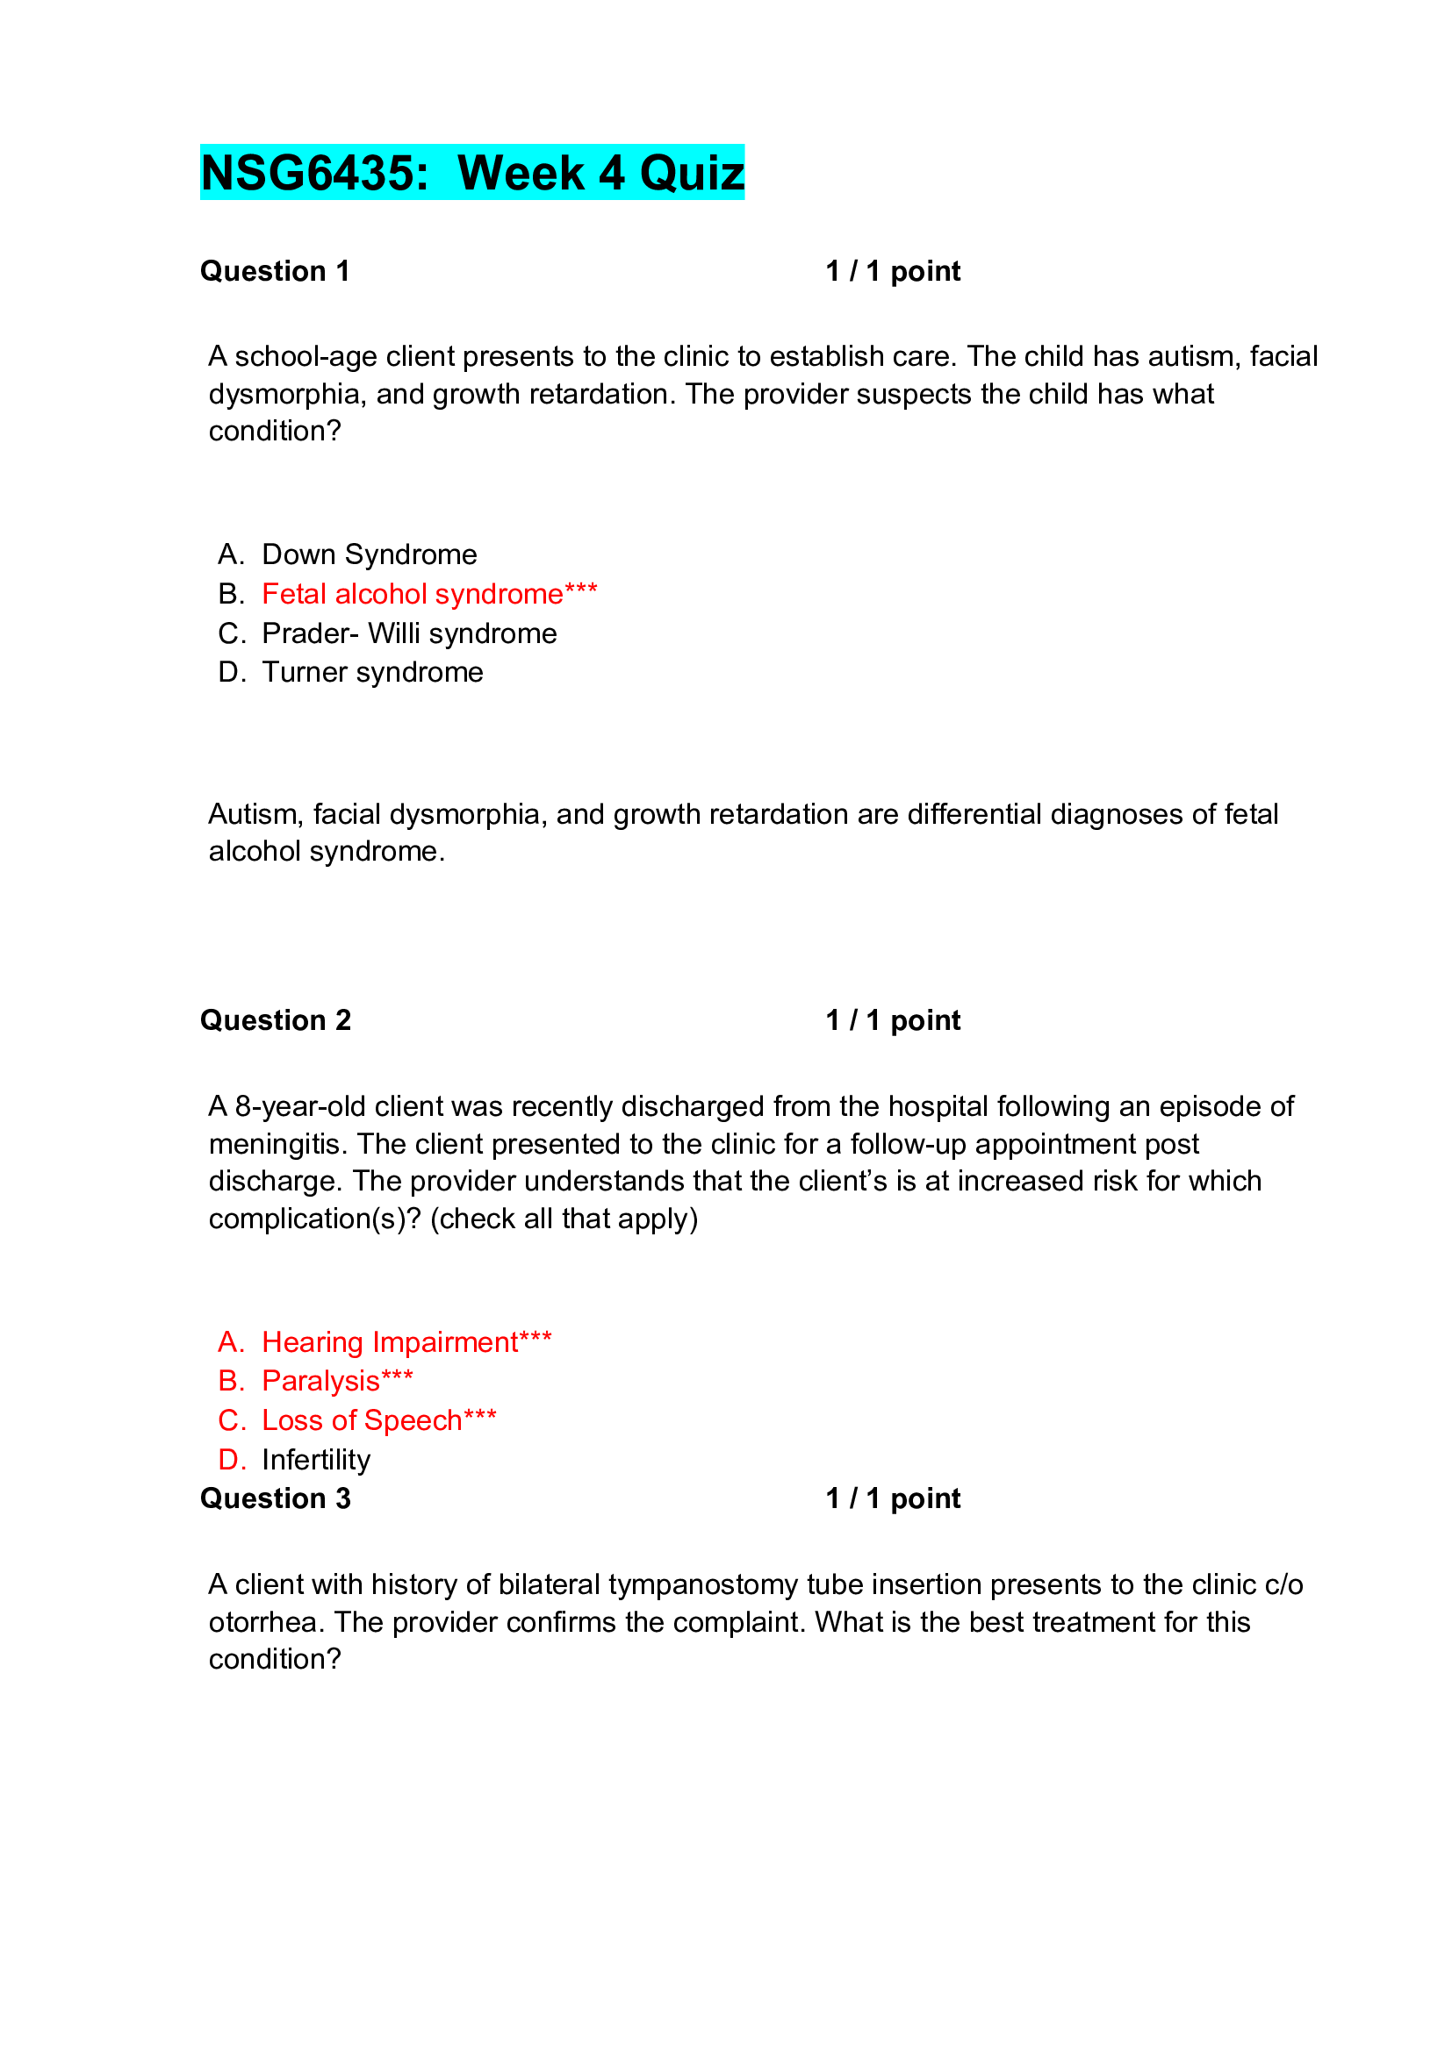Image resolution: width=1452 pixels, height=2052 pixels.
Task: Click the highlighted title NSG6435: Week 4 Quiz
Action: point(472,173)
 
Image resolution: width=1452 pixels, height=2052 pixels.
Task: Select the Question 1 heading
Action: point(275,271)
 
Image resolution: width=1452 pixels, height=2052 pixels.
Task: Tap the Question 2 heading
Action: point(276,1019)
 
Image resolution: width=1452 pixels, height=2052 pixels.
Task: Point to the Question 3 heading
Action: point(276,1498)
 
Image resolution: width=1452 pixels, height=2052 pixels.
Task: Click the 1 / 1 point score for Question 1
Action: point(892,271)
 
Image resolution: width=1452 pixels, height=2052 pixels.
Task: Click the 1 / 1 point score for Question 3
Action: point(892,1498)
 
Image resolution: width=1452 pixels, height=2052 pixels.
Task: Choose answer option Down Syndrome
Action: point(370,554)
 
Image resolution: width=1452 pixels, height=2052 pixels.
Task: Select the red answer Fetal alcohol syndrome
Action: point(429,593)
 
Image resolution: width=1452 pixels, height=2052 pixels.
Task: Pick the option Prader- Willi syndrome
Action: point(408,633)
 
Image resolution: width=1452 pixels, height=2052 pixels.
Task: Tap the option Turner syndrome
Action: point(372,672)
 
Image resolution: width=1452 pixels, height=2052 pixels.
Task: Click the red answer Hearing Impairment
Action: point(406,1341)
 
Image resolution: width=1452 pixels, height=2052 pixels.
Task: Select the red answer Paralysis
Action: point(337,1381)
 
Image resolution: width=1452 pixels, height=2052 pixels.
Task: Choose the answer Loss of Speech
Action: point(378,1420)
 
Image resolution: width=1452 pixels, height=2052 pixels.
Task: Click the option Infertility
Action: point(316,1460)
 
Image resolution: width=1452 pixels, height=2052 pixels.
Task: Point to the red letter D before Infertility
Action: point(230,1460)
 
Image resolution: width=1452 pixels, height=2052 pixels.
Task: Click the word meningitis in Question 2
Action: point(277,1144)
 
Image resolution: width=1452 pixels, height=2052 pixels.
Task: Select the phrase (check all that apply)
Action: point(564,1219)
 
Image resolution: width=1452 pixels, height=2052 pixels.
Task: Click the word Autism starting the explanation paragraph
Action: point(255,814)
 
